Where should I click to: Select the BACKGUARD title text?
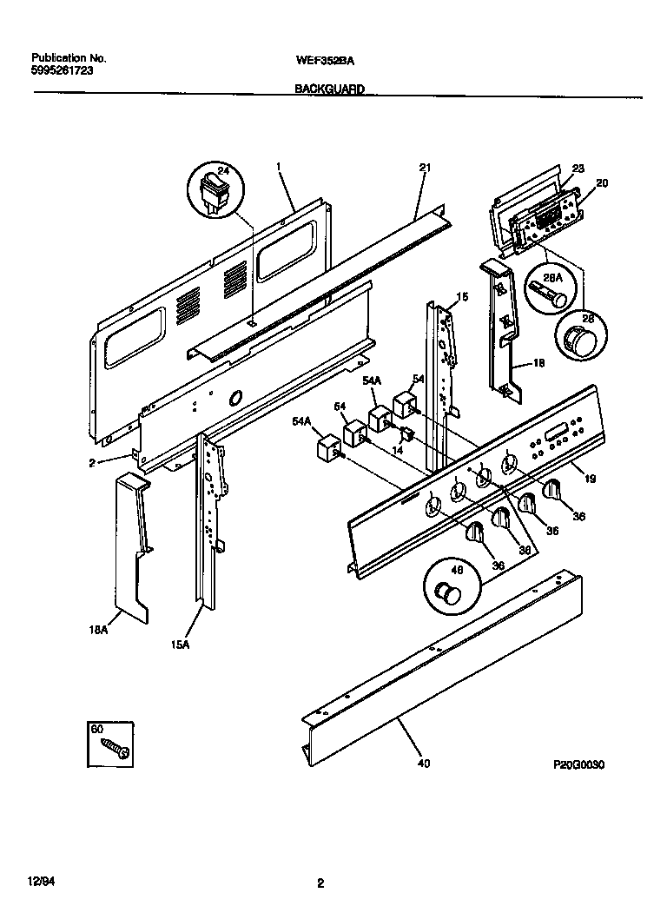click(329, 89)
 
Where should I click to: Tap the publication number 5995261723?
click(56, 71)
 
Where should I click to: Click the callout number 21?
click(425, 168)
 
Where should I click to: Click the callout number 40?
click(423, 764)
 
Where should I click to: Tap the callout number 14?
click(399, 451)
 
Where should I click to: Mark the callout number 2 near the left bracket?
click(91, 463)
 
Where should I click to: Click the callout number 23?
click(578, 169)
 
